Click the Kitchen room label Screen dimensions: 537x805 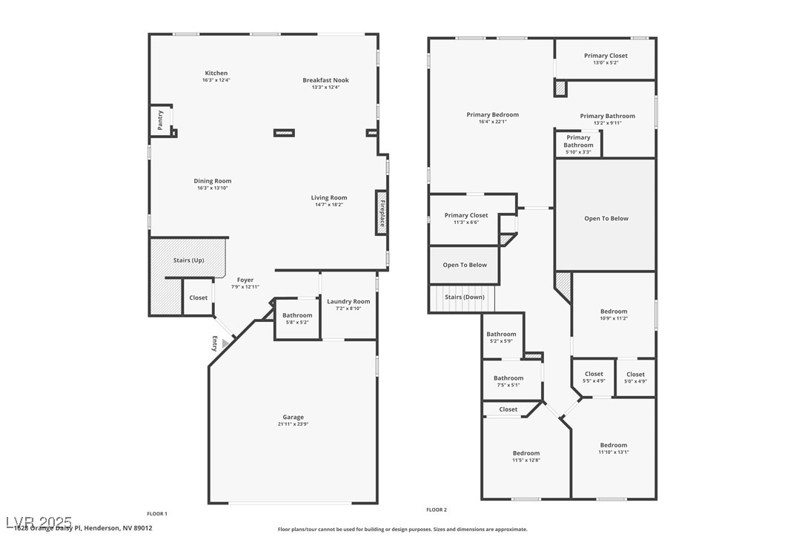tap(216, 73)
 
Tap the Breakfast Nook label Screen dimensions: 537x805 tap(325, 80)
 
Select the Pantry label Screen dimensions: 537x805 tap(160, 120)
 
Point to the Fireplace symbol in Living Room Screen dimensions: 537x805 tap(382, 214)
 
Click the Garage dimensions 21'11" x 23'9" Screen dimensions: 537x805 tap(293, 424)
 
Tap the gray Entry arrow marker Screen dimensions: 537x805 tap(226, 343)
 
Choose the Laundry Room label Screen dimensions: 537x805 tap(348, 301)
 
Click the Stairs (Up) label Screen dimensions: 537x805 tap(188, 260)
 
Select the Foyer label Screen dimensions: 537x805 tap(245, 280)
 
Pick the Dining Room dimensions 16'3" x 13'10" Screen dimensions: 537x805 tap(213, 188)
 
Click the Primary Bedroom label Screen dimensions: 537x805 tap(493, 115)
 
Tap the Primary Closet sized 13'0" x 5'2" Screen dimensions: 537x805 tap(606, 59)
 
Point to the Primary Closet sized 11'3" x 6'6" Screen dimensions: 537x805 tap(466, 218)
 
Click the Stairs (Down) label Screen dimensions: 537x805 tap(464, 297)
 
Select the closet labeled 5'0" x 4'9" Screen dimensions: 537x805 tap(635, 377)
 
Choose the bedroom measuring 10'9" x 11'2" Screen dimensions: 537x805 tap(613, 314)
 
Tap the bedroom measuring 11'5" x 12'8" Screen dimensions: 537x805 tap(526, 456)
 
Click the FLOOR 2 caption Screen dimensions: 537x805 tap(437, 510)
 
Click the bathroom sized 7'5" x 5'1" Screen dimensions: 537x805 tap(508, 381)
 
